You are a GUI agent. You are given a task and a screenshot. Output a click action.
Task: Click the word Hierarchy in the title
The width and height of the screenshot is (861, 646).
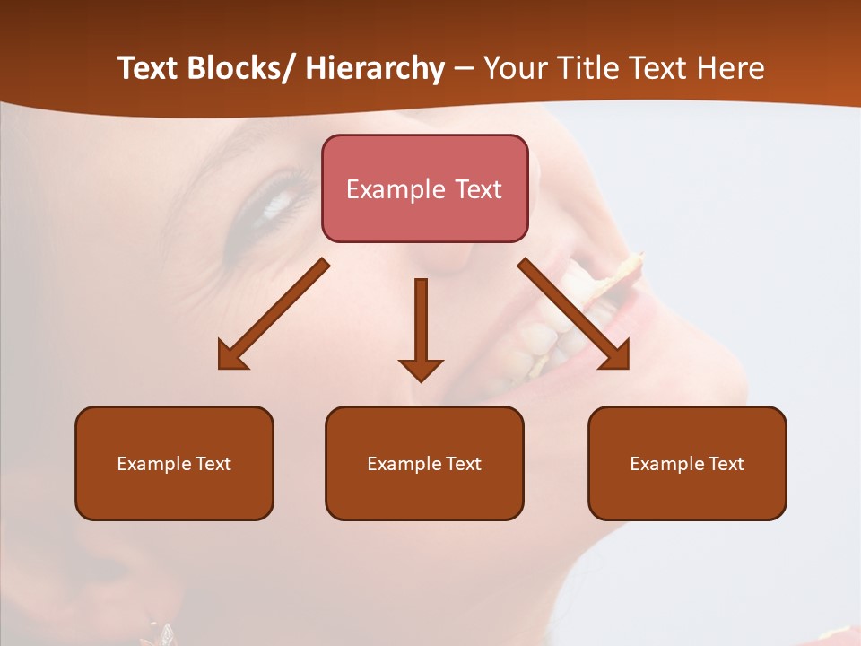(375, 69)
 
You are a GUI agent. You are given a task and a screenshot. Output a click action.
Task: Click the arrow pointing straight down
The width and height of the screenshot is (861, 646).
(421, 327)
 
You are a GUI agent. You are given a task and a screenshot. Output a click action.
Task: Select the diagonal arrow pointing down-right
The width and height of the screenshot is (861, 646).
(574, 314)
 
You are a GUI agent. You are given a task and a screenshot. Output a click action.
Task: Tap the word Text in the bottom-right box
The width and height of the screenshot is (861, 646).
(725, 464)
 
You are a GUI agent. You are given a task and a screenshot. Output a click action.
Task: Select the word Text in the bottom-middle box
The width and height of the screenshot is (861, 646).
(462, 464)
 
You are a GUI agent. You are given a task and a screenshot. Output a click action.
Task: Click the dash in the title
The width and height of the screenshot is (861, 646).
(464, 69)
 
